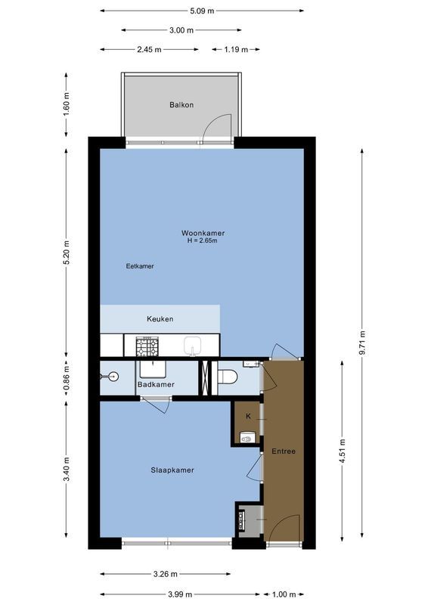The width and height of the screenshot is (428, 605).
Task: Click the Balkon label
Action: pos(181,104)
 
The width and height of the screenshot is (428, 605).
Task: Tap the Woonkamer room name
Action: pos(203,232)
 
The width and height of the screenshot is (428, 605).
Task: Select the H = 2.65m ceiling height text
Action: pos(203,240)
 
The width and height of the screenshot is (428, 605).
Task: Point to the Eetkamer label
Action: pos(140,266)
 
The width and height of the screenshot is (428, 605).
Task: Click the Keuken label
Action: pos(160,319)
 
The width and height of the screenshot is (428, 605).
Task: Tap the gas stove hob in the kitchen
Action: pos(147,346)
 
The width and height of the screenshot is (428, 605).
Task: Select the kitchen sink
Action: pos(193,346)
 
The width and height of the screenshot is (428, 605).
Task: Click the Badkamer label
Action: pos(156,384)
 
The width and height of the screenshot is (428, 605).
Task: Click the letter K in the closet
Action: pos(248,416)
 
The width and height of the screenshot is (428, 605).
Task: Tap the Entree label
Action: pos(283,451)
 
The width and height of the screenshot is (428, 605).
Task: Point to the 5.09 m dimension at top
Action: pos(201,11)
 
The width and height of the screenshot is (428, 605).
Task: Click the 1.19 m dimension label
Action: pos(236,49)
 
